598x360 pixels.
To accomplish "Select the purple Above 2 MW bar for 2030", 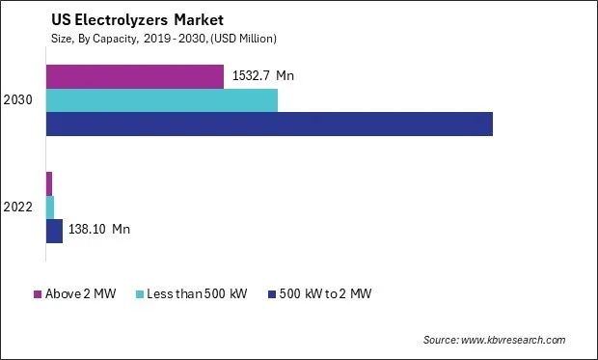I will (135, 76).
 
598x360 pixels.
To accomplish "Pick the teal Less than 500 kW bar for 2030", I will (162, 99).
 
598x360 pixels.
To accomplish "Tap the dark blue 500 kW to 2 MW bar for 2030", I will (269, 124).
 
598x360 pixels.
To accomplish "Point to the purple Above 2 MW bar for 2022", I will (49, 183).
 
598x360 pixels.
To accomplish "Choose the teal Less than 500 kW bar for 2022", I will (50, 207).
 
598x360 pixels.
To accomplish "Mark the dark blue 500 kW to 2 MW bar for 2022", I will (55, 230).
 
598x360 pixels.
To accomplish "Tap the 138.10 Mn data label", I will (99, 230).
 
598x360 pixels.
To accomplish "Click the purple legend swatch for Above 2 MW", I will (39, 293).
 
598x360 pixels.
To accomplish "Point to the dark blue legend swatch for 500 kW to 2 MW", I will (273, 293).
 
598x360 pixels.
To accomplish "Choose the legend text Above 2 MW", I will (80, 293).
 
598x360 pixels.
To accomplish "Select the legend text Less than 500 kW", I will (201, 293).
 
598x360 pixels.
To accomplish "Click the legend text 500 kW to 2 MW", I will (325, 293).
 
